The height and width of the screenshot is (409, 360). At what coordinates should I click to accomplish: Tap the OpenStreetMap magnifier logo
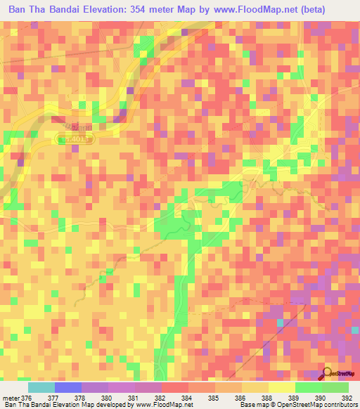click(328, 372)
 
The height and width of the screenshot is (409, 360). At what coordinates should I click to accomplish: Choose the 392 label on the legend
click(348, 398)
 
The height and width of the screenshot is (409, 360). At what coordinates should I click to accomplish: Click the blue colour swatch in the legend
click(67, 387)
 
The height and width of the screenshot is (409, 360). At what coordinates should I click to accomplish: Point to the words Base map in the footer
click(254, 405)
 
